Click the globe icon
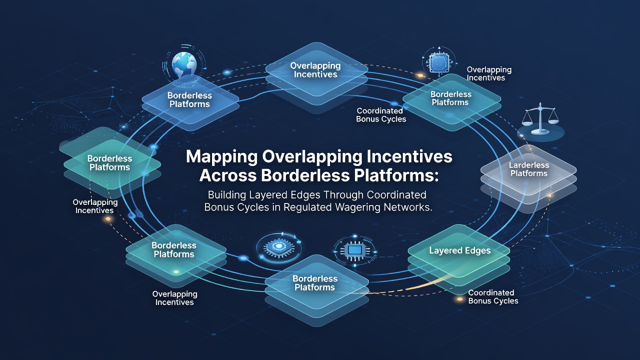184,64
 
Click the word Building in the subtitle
227,195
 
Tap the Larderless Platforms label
529,169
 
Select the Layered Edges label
459,250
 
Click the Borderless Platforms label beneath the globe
189,99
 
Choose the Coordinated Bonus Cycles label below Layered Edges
493,296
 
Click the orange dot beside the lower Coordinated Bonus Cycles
459,299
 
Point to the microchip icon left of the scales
439,62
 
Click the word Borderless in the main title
305,175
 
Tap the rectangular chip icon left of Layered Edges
355,251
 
